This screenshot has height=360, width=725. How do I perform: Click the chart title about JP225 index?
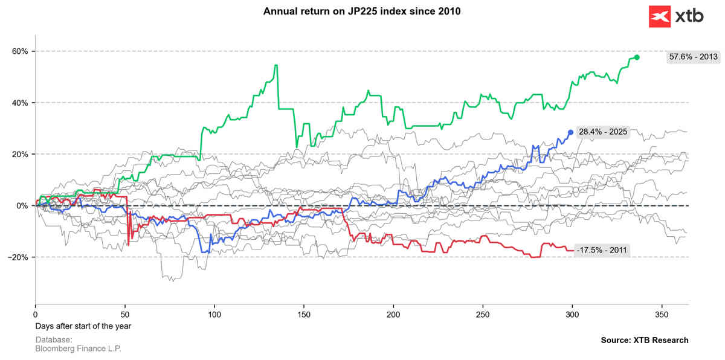pyautogui.click(x=362, y=11)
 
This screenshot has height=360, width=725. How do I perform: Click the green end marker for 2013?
pyautogui.click(x=637, y=57)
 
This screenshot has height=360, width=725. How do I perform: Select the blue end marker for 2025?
pyautogui.click(x=570, y=132)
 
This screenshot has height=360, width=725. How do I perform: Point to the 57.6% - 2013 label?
pyautogui.click(x=693, y=57)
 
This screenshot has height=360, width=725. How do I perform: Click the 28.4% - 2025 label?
pyautogui.click(x=603, y=132)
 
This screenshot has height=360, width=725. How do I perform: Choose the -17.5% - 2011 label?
pyautogui.click(x=602, y=250)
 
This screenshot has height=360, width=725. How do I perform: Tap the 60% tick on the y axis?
pyautogui.click(x=20, y=51)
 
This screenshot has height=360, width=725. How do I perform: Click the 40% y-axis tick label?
pyautogui.click(x=20, y=103)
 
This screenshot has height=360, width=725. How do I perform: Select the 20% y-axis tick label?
pyautogui.click(x=20, y=154)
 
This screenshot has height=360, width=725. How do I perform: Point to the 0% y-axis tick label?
pyautogui.click(x=22, y=206)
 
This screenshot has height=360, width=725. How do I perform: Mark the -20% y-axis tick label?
pyautogui.click(x=19, y=257)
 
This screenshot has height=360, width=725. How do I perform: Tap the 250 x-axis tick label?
pyautogui.click(x=483, y=315)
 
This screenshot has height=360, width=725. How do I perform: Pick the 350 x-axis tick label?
pyautogui.click(x=662, y=315)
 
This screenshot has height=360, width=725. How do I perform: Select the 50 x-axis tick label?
pyautogui.click(x=125, y=315)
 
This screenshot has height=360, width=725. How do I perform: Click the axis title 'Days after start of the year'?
pyautogui.click(x=83, y=326)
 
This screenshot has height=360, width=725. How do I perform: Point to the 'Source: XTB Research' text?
pyautogui.click(x=644, y=340)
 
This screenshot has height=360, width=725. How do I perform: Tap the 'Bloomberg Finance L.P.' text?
pyautogui.click(x=78, y=349)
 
